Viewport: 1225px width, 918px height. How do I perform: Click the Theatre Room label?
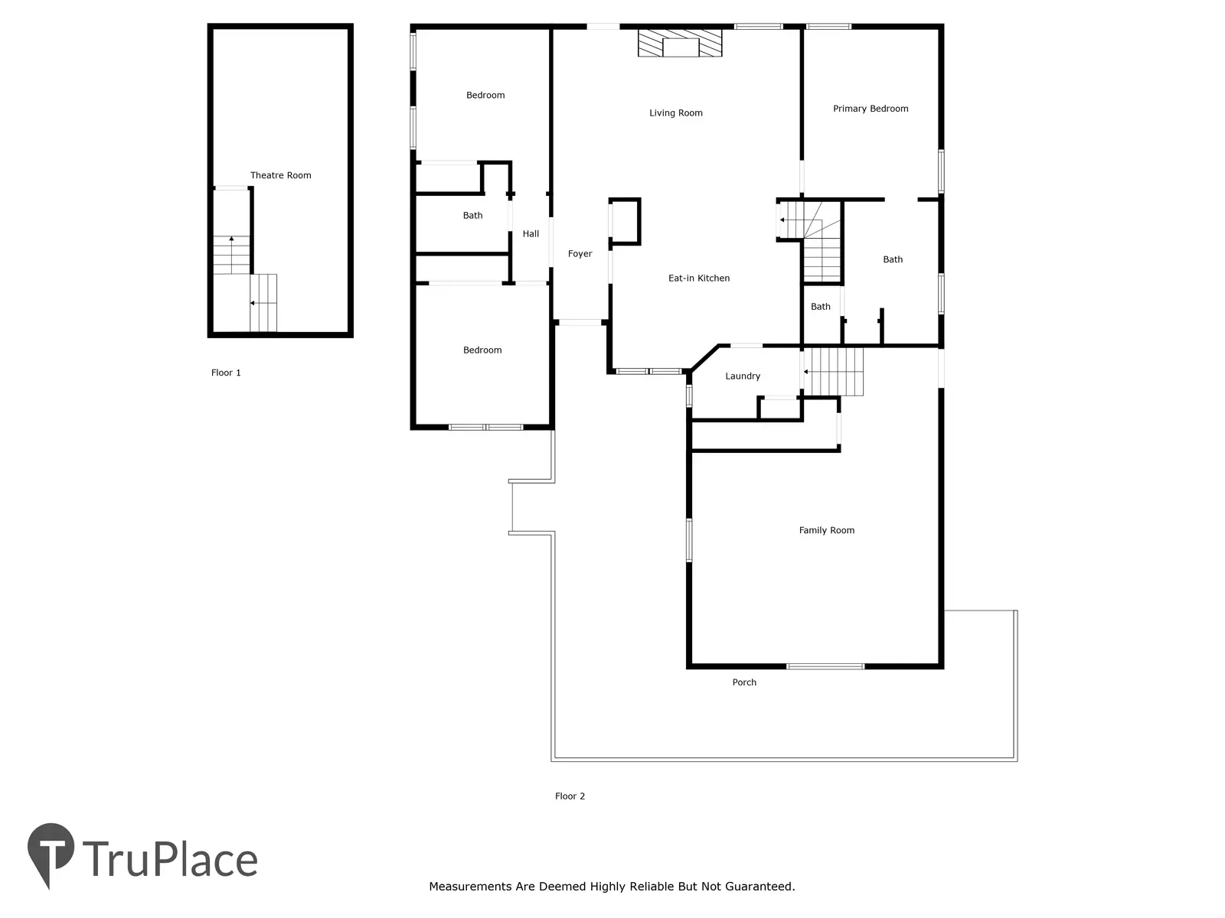[x=280, y=175]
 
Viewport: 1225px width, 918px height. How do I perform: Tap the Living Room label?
[x=676, y=113]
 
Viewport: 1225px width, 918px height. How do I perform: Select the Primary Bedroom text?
[x=871, y=109]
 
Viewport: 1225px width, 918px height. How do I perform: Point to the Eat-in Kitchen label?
[x=699, y=278]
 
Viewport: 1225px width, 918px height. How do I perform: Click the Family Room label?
[x=827, y=530]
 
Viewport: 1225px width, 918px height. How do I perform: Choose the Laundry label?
[x=742, y=376]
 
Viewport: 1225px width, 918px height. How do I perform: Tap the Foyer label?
[x=580, y=254]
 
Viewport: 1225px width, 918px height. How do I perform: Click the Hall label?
[x=531, y=233]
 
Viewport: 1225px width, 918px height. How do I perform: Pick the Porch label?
[x=744, y=682]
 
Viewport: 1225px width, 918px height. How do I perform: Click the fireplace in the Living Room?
[x=680, y=43]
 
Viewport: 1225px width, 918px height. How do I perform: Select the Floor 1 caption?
[x=226, y=373]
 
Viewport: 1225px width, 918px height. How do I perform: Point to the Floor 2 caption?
[x=570, y=796]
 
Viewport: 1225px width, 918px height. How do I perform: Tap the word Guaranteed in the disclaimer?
[x=759, y=886]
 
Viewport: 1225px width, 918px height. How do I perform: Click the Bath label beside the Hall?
[x=472, y=215]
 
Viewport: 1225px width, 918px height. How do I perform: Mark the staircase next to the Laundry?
[x=833, y=372]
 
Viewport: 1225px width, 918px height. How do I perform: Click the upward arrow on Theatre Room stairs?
[x=232, y=255]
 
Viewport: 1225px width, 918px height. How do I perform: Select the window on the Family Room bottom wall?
[x=825, y=666]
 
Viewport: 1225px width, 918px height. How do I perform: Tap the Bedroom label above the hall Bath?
[x=485, y=96]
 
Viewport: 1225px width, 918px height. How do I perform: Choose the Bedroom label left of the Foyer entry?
[x=482, y=350]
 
